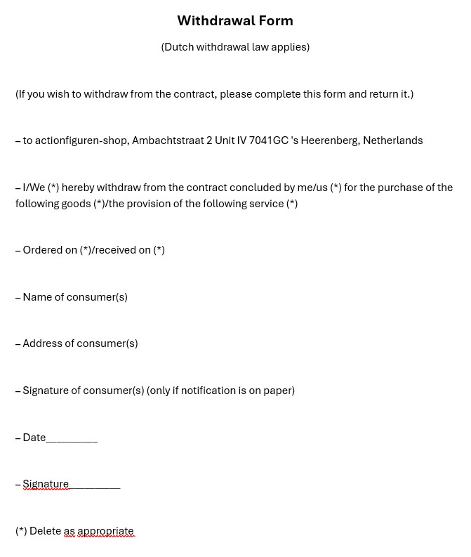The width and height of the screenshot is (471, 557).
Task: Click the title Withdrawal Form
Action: pos(234,21)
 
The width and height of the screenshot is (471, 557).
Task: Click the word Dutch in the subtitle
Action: pos(178,47)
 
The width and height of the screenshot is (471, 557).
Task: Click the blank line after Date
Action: pos(72,439)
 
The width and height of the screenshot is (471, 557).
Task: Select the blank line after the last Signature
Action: pos(95,485)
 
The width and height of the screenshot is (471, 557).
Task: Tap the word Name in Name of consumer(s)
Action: pos(38,297)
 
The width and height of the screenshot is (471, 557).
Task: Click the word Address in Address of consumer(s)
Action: pos(44,343)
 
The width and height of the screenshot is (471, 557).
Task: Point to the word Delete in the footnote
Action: pos(45,531)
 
